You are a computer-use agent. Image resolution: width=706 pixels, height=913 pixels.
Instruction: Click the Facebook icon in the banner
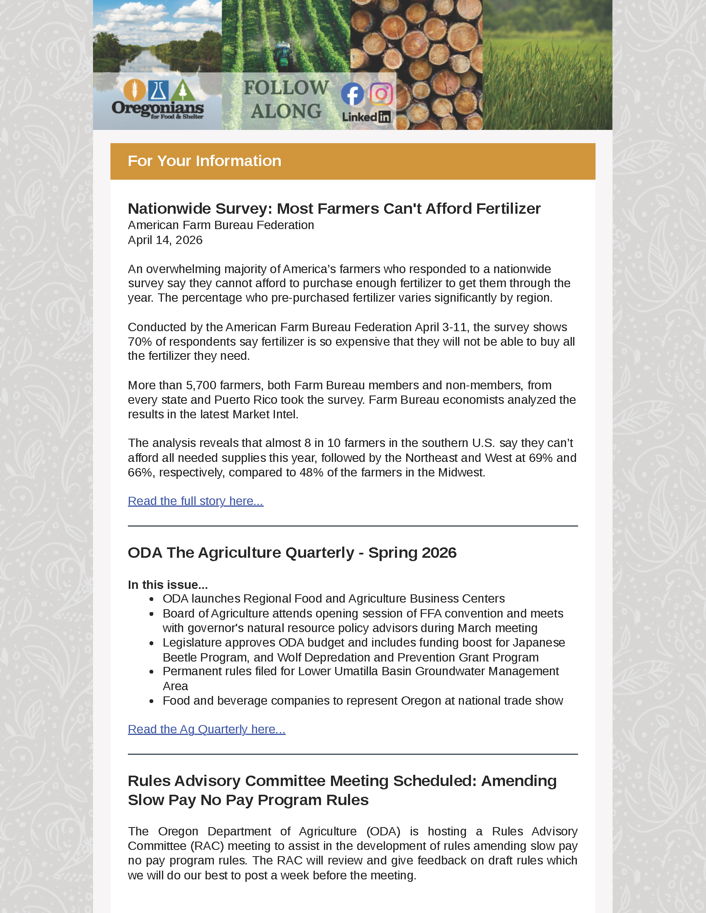352,94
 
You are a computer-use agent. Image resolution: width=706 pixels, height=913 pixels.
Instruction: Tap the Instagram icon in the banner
381,94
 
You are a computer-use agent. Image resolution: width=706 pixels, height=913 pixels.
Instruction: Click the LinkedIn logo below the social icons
366,117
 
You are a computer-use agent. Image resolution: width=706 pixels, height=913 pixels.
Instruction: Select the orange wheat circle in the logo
135,90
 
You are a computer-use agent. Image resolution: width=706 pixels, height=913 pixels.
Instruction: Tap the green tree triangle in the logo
183,90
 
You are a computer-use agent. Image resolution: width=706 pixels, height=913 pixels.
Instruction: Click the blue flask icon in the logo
159,90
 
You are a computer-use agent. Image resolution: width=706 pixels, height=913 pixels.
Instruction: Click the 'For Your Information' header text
204,161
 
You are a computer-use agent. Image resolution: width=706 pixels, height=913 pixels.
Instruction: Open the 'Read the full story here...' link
195,501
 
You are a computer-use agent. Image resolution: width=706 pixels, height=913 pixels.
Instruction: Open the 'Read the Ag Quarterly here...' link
207,729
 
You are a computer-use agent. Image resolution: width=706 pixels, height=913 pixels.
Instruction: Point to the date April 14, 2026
165,240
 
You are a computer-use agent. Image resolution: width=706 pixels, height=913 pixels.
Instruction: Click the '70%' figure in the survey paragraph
140,342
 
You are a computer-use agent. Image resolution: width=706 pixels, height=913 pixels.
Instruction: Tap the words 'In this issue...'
168,584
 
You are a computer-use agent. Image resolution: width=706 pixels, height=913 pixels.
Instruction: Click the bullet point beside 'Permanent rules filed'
152,672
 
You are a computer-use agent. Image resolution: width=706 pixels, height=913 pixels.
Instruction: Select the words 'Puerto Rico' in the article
245,400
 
